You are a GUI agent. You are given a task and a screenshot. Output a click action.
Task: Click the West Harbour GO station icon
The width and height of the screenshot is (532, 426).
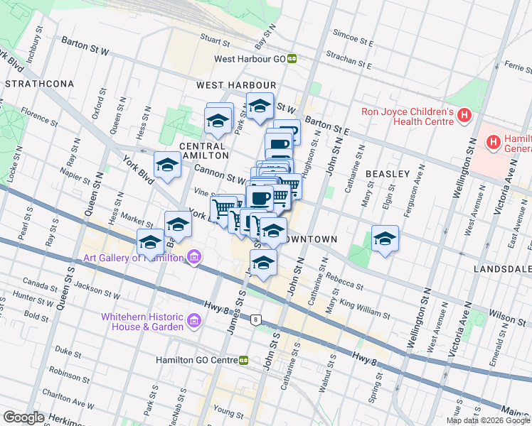pos(292,60)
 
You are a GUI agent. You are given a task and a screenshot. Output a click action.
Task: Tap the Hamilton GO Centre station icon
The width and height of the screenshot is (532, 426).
pos(243,360)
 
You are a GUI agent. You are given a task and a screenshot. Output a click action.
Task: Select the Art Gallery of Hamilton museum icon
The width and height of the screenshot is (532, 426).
pos(193,258)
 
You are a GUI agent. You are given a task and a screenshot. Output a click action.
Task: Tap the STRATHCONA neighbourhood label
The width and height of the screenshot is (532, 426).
pos(40,84)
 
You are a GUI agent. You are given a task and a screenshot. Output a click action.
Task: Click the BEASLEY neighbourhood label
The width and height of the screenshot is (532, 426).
pos(388,174)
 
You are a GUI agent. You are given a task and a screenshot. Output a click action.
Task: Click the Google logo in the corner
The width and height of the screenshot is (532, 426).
pos(24,417)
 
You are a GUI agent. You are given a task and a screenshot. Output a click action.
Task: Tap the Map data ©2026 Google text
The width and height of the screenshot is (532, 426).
pos(488,420)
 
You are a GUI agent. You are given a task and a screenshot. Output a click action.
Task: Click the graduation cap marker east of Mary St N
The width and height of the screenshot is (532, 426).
pos(385,239)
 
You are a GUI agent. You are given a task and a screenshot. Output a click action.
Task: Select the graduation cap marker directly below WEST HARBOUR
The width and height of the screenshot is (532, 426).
pos(260,106)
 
